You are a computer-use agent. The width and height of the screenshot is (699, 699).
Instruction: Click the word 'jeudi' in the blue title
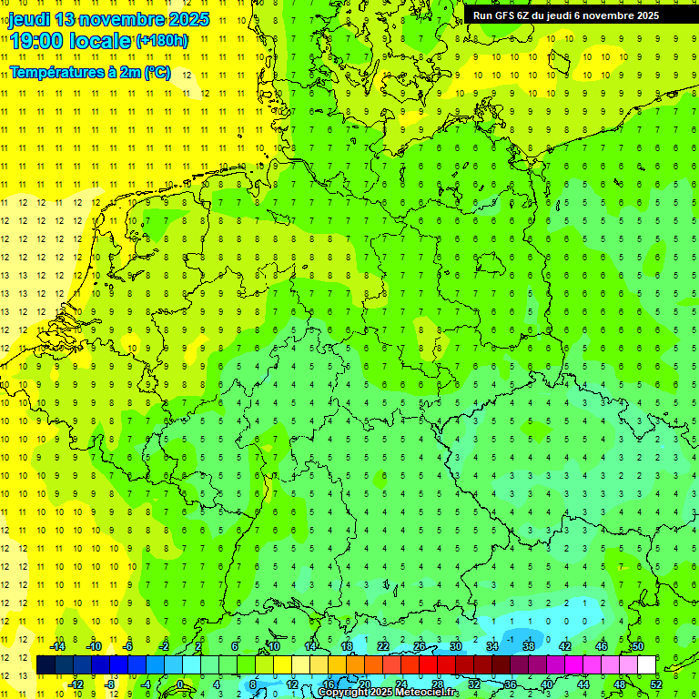click(x=30, y=19)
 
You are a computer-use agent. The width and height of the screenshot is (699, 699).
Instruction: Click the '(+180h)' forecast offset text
click(x=162, y=41)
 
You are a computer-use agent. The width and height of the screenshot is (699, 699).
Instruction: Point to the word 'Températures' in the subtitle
click(x=53, y=73)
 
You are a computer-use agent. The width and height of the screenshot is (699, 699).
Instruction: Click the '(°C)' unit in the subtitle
click(x=157, y=73)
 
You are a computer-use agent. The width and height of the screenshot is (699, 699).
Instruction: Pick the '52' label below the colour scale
click(x=654, y=684)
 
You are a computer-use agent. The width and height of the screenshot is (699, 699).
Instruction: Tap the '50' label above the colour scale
click(x=637, y=646)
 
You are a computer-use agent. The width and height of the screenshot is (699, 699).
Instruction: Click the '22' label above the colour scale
click(x=383, y=646)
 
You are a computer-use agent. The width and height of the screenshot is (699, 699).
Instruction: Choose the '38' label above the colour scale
click(x=528, y=646)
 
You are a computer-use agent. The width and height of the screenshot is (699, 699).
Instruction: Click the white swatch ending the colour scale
click(x=646, y=664)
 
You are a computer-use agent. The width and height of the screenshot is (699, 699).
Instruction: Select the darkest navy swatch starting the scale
click(x=46, y=664)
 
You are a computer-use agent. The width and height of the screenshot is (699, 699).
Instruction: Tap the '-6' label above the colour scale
click(x=128, y=646)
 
